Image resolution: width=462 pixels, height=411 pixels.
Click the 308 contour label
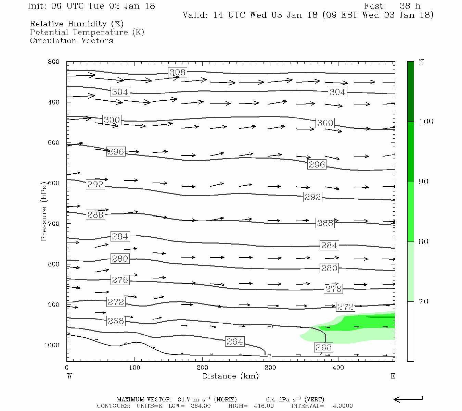click(x=178, y=72)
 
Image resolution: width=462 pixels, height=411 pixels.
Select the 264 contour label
click(x=235, y=341)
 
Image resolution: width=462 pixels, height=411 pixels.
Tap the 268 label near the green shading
click(x=323, y=348)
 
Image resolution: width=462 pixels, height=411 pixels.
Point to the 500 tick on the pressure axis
click(x=54, y=143)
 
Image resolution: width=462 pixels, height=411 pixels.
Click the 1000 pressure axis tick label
click(x=52, y=345)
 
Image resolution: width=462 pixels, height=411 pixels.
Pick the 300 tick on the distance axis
click(x=270, y=368)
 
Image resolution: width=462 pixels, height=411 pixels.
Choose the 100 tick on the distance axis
click(x=134, y=368)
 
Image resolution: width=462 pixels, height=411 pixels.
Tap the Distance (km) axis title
click(x=230, y=376)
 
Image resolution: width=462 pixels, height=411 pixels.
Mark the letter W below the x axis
click(x=69, y=376)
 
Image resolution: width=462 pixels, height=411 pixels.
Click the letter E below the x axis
click(x=393, y=376)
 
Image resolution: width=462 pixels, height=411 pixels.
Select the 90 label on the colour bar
click(x=424, y=182)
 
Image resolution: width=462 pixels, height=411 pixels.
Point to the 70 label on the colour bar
click(x=424, y=302)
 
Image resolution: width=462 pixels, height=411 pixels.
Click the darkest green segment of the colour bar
click(x=410, y=91)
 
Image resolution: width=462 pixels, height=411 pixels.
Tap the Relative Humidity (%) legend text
click(x=77, y=24)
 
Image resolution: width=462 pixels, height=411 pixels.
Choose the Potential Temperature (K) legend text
click(x=87, y=32)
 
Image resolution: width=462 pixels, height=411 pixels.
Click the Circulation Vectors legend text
click(x=71, y=40)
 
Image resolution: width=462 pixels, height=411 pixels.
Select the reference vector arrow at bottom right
click(x=408, y=399)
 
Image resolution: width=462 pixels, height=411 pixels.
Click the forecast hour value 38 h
click(x=410, y=6)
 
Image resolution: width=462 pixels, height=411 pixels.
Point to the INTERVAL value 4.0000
click(x=343, y=406)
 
